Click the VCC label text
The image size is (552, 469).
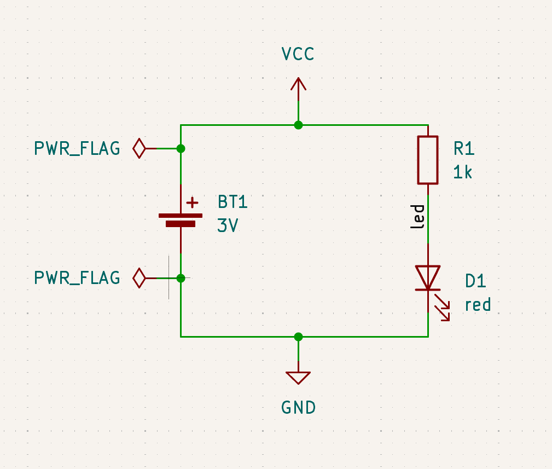click(298, 54)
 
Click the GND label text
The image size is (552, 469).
click(298, 408)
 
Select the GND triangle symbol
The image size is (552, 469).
click(298, 377)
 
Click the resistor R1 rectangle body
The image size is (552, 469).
click(427, 160)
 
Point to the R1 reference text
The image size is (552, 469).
click(463, 148)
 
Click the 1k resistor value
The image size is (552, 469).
click(462, 172)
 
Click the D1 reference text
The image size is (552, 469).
click(475, 281)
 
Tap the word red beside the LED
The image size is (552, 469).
click(477, 305)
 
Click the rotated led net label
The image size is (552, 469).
click(418, 217)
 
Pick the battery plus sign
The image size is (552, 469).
click(192, 203)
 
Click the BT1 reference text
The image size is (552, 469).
click(233, 202)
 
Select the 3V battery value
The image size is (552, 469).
click(228, 225)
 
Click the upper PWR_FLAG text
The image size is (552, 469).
click(77, 149)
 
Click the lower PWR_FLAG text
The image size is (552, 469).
click(77, 278)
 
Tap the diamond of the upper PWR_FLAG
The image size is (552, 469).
click(140, 148)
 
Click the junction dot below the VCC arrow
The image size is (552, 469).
click(298, 125)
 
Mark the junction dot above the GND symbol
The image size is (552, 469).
click(298, 337)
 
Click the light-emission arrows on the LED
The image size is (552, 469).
click(443, 307)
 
